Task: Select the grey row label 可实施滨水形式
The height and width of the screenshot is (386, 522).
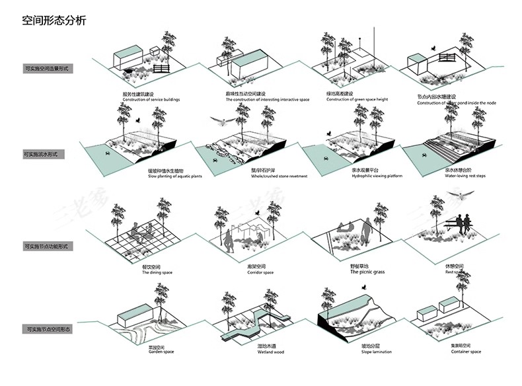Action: tap(40, 154)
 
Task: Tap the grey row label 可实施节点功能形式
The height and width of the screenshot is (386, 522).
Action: tap(45, 246)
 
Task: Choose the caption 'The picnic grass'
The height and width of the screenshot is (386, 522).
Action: tap(367, 272)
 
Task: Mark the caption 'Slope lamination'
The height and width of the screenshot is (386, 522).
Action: tap(356, 352)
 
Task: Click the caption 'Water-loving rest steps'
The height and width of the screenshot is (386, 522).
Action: tap(465, 176)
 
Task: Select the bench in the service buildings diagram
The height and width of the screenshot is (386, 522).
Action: tap(161, 67)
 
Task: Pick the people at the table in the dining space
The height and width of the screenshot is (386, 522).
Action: tap(140, 233)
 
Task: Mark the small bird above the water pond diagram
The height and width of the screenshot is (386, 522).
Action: tap(433, 48)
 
